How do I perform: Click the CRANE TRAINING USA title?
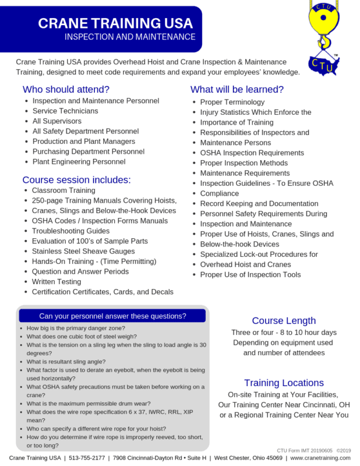click(x=115, y=23)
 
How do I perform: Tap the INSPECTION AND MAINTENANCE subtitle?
click(x=130, y=37)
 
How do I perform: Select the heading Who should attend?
click(x=66, y=90)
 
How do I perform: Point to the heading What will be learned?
click(x=237, y=90)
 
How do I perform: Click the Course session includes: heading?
click(x=76, y=179)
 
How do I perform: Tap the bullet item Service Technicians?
click(x=65, y=111)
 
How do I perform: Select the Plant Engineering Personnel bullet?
click(x=79, y=161)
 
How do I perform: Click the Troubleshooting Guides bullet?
click(x=70, y=231)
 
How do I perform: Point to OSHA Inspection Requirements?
click(x=252, y=153)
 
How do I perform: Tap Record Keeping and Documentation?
click(x=259, y=203)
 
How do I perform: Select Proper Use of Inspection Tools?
click(x=250, y=274)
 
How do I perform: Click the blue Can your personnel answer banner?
click(x=112, y=316)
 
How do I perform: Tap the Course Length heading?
click(x=284, y=320)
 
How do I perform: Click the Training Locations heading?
click(x=284, y=383)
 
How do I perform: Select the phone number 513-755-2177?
click(x=87, y=458)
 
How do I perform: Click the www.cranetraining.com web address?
click(x=320, y=458)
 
